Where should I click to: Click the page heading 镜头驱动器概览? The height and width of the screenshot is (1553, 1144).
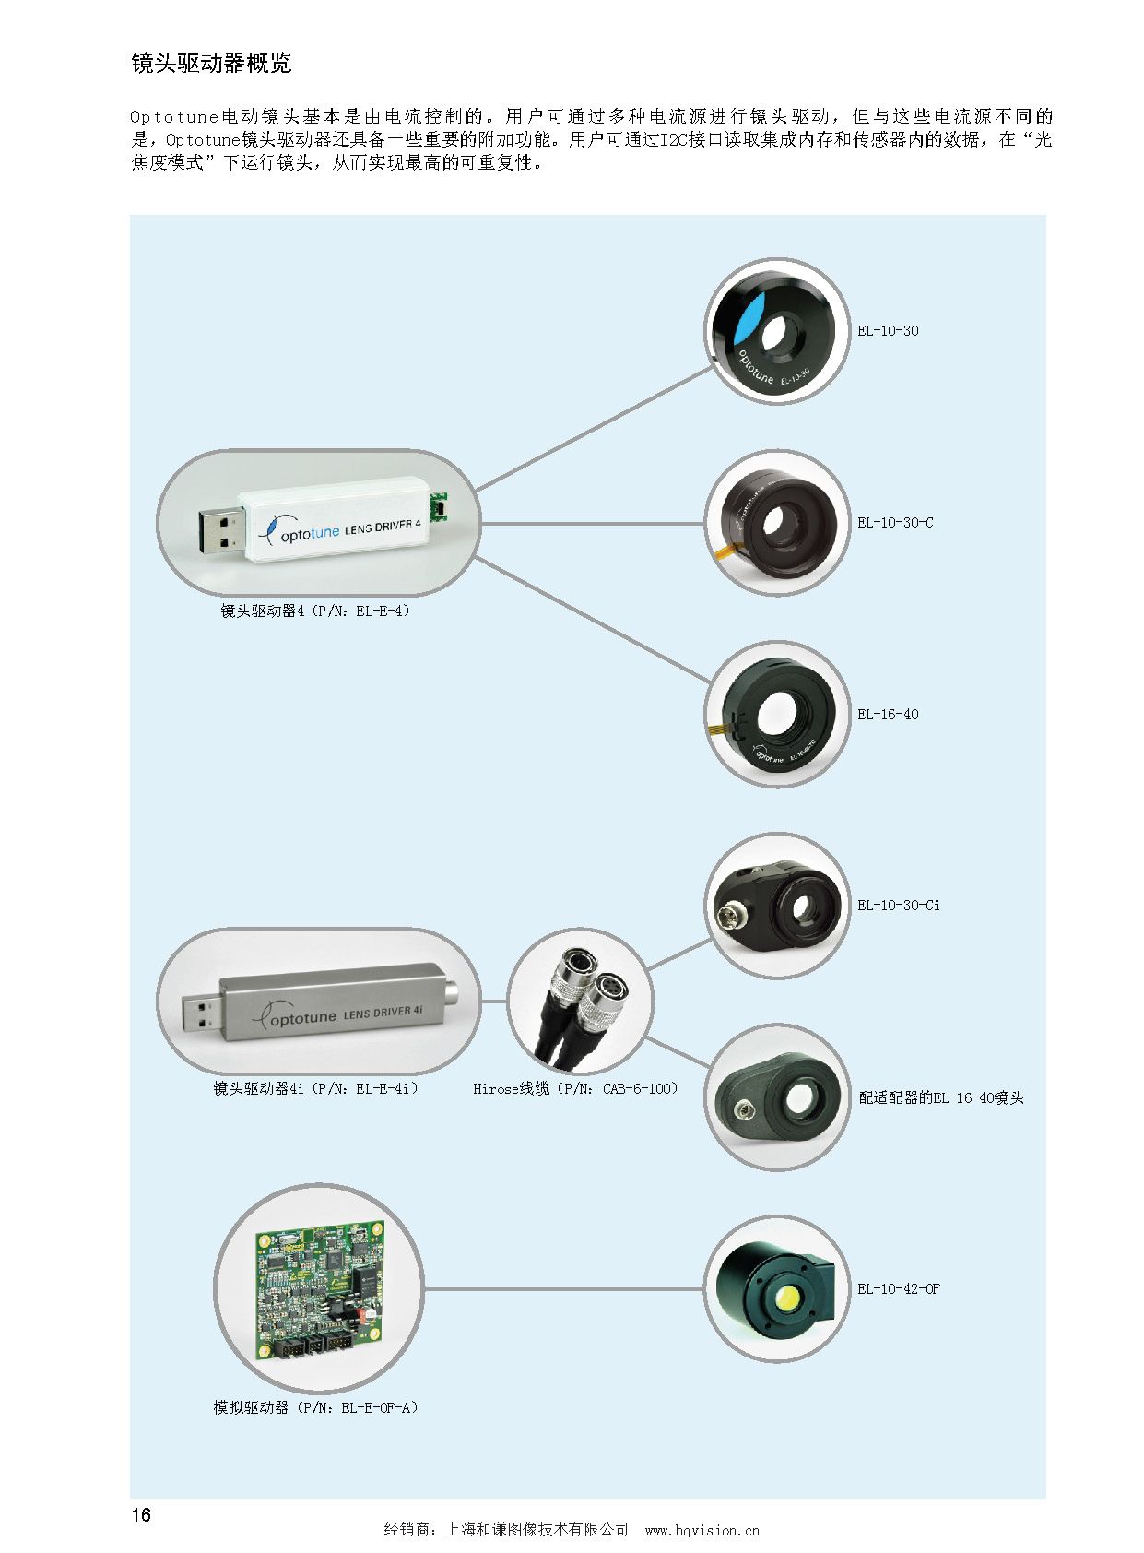211,64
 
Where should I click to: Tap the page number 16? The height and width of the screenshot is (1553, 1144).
141,1514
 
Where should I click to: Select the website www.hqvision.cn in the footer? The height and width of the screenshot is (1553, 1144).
702,1530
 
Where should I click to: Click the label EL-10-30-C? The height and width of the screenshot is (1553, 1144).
895,523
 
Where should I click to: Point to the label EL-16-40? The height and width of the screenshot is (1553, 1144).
888,715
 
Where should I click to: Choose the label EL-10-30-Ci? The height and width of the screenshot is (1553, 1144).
899,906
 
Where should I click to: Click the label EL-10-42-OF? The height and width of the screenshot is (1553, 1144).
899,1289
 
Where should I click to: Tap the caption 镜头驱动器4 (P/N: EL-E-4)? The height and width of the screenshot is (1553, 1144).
315,611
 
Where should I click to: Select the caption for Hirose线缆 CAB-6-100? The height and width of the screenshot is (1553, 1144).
575,1089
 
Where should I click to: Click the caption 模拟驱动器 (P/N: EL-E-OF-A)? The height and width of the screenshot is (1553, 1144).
315,1407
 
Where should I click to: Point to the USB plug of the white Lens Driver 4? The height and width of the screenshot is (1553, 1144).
221,532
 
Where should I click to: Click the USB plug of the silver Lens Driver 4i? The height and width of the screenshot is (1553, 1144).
201,1012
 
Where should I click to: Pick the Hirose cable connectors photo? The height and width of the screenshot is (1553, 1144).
581,1002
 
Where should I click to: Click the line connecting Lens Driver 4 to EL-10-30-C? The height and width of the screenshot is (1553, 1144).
590,524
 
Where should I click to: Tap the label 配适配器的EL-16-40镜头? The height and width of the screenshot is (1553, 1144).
941,1097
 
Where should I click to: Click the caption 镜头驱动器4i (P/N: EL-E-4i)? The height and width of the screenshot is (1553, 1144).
315,1089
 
